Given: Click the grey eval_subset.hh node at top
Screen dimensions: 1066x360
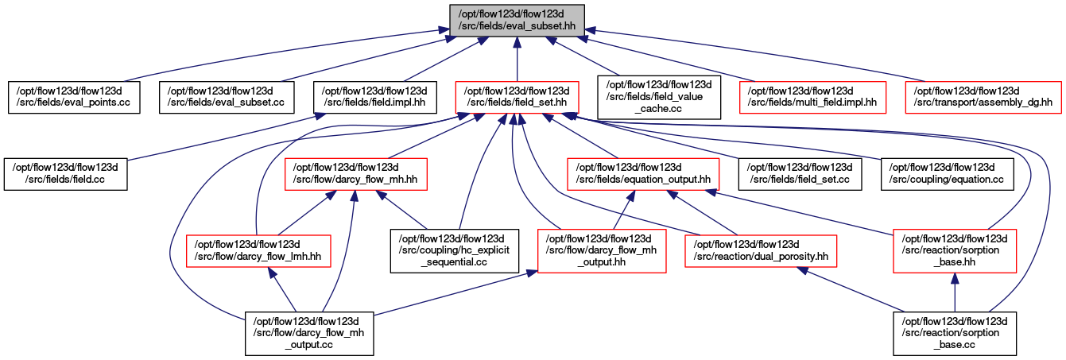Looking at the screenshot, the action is click(x=517, y=20).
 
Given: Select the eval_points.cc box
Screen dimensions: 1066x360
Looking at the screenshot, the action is click(x=74, y=97).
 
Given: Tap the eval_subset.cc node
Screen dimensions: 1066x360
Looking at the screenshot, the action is click(x=227, y=97).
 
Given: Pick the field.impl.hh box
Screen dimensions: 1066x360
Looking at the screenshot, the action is click(x=375, y=97).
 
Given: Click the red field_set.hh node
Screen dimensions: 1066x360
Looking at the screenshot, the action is click(x=517, y=97).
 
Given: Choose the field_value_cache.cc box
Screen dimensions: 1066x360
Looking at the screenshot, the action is click(x=659, y=97).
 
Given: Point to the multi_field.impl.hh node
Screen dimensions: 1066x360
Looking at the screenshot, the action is click(x=813, y=97).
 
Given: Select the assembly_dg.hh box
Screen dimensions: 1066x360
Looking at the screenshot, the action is click(x=983, y=97).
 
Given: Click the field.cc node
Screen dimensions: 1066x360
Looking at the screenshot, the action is click(x=66, y=174).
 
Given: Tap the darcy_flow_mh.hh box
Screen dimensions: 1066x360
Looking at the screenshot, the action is click(x=356, y=174).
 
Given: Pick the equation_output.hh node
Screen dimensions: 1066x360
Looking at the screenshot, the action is click(x=643, y=174).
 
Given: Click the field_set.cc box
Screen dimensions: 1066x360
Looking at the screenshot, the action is click(x=800, y=174).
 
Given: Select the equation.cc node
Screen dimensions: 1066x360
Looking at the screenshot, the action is click(x=948, y=174).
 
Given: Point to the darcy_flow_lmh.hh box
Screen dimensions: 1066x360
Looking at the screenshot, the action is click(x=258, y=250).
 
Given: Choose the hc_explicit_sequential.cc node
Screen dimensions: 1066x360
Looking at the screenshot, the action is click(x=455, y=250).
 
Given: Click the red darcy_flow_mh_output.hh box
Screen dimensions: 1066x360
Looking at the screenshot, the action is click(x=602, y=250).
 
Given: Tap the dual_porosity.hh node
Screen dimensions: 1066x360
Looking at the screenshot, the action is click(x=761, y=250).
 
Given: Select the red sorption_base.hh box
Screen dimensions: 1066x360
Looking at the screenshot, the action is click(x=955, y=250).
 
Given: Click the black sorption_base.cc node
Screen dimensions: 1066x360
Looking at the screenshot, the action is click(x=955, y=333).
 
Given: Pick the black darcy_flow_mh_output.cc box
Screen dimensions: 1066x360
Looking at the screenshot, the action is click(x=309, y=333).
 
